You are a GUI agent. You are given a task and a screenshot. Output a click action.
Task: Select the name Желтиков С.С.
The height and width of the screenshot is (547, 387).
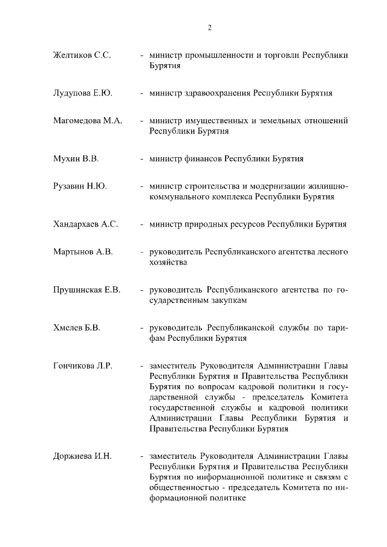click(x=82, y=55)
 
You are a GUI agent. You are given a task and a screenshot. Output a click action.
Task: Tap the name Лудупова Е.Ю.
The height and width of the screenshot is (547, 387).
click(x=83, y=94)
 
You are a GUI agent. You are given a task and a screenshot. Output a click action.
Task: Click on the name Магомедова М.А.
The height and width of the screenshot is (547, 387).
click(x=88, y=121)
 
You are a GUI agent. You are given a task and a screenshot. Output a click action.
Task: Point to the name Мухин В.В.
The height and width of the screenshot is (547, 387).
click(x=76, y=159)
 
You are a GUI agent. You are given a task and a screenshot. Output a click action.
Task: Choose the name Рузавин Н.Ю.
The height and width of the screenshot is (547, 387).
click(x=80, y=186)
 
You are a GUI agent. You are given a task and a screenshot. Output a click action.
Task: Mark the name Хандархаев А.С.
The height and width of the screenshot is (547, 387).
click(x=85, y=224)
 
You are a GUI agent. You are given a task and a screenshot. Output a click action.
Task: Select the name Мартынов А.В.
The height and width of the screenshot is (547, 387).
click(x=83, y=251)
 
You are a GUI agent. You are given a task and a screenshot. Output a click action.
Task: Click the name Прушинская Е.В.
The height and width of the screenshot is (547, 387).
click(x=86, y=290)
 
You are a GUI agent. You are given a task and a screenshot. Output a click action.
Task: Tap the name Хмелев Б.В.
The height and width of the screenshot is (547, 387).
click(x=76, y=328)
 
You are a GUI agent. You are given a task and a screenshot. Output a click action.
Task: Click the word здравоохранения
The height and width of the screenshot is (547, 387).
click(x=218, y=94)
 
